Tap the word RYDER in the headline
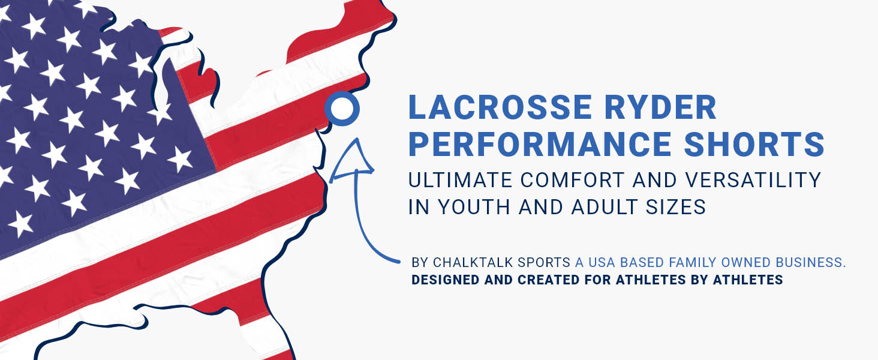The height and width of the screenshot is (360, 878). coord(661,107)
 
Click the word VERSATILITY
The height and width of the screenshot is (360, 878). coord(753,180)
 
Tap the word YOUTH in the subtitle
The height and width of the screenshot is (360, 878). coord(474,206)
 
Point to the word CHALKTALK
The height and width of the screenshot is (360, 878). coord(473,262)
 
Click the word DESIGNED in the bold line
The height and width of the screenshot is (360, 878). coord(445,280)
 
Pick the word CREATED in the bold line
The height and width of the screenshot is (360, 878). coord(549,280)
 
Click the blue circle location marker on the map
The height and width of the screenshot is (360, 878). coord(342,109)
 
